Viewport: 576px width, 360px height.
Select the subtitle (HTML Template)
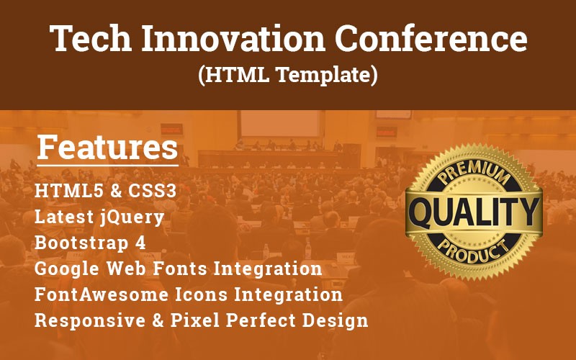pos(288,74)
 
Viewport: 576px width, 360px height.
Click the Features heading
pos(107,148)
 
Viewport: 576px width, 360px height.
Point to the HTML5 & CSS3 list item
pos(105,192)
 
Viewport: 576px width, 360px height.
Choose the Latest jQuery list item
pos(99,217)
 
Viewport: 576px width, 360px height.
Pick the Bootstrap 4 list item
pos(90,242)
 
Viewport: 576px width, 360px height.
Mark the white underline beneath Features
pos(107,166)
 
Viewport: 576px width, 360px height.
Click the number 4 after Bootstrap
pos(141,242)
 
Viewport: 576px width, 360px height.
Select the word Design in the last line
pos(335,320)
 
